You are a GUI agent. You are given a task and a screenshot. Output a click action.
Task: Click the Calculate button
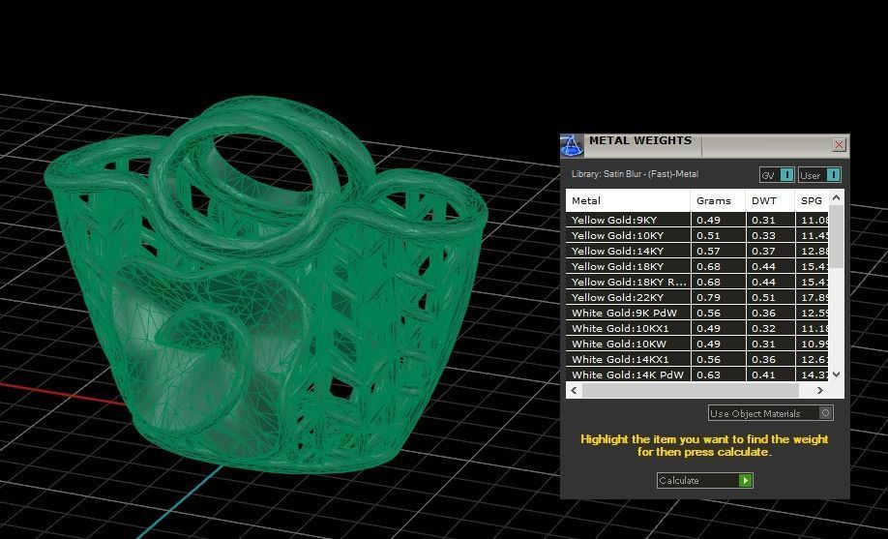(x=704, y=480)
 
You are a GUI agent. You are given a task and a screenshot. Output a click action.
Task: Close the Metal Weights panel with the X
(x=839, y=145)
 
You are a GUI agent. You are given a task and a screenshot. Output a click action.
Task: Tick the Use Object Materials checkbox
(x=825, y=413)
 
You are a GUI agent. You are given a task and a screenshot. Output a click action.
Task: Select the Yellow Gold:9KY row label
(x=614, y=220)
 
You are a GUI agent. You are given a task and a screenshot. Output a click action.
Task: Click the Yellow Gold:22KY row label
(x=617, y=297)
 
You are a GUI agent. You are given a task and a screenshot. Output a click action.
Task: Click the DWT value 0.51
(x=763, y=297)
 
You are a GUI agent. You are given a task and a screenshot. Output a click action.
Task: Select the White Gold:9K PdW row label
(x=624, y=313)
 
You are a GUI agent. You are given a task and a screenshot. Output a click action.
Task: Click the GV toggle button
(x=777, y=175)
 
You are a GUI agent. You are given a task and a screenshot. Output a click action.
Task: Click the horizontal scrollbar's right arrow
(x=820, y=390)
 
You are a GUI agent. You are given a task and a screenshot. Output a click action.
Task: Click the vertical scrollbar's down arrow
(x=837, y=374)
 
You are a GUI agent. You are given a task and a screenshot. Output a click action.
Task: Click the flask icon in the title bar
(x=572, y=145)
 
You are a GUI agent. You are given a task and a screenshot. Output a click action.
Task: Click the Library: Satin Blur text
(x=635, y=174)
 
